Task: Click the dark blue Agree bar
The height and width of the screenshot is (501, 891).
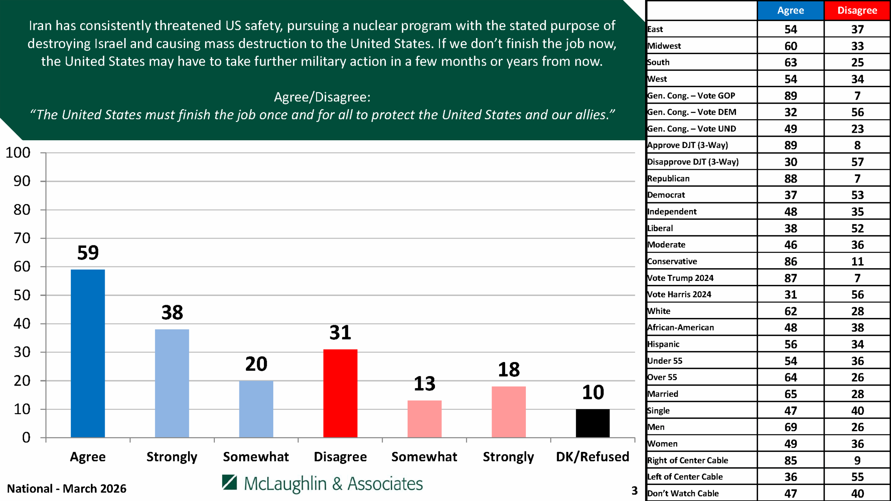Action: (x=88, y=353)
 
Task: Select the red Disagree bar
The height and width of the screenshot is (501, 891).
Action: (x=340, y=393)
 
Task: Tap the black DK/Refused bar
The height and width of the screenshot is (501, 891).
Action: (x=592, y=423)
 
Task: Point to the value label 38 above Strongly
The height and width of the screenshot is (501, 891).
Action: (x=172, y=313)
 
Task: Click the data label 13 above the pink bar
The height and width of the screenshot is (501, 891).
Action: (x=424, y=384)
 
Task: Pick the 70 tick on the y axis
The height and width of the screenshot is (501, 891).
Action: (x=22, y=238)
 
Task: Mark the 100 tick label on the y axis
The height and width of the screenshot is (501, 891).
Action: (x=18, y=153)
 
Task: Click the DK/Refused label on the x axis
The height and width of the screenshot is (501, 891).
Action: (x=592, y=456)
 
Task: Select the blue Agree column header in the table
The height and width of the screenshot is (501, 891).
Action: (x=790, y=10)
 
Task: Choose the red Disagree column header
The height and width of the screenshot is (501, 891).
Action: (x=857, y=10)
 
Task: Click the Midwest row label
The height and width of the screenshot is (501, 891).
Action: (x=664, y=46)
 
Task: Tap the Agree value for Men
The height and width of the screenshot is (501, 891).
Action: (x=790, y=427)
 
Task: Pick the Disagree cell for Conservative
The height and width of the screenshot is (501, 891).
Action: (x=857, y=261)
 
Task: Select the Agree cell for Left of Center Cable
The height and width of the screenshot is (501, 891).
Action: (x=790, y=477)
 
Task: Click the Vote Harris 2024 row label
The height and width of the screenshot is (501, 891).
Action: (x=679, y=294)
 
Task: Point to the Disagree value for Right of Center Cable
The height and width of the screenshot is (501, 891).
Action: (x=857, y=460)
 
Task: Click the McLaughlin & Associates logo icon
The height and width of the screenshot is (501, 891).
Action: (x=229, y=482)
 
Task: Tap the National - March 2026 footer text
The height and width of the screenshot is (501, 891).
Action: (x=67, y=489)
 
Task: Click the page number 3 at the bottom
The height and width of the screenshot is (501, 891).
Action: (x=634, y=491)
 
